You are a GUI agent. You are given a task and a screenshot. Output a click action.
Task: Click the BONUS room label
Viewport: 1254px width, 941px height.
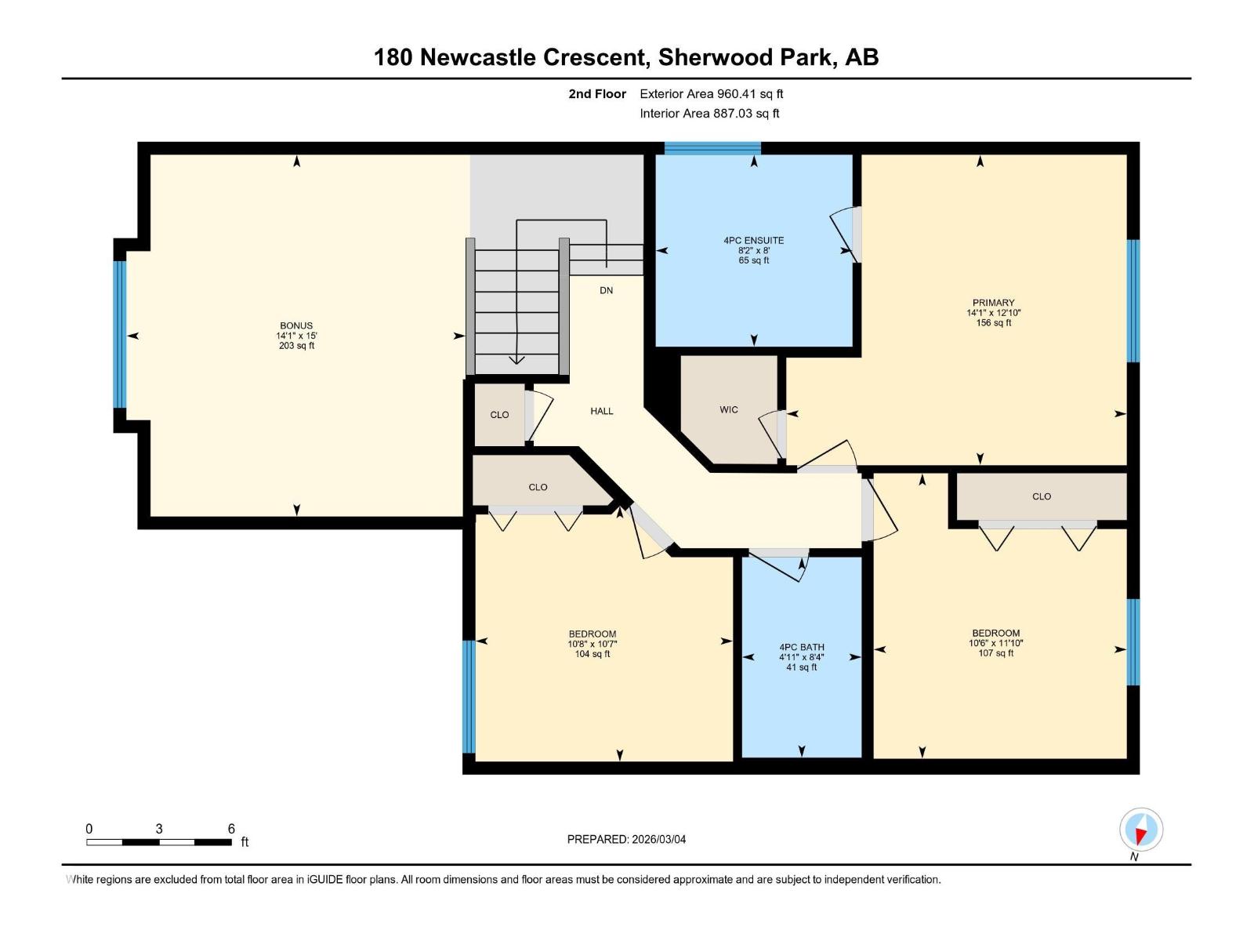296,326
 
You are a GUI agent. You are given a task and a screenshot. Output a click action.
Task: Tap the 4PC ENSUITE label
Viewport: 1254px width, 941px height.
753,241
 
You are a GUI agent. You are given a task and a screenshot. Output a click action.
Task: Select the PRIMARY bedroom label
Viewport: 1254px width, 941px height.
993,303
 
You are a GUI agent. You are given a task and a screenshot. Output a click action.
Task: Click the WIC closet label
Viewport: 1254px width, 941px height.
729,410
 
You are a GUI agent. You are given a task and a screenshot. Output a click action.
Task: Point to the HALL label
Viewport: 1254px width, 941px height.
602,411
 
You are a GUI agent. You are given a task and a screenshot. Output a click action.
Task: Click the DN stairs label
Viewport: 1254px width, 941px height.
606,290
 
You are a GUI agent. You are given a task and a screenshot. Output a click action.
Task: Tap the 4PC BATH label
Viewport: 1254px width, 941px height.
801,648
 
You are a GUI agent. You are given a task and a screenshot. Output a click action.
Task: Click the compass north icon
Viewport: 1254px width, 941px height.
1141,830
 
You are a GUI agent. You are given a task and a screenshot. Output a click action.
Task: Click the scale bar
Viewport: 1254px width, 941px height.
159,842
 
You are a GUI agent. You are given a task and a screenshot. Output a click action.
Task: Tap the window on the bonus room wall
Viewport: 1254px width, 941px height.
120,335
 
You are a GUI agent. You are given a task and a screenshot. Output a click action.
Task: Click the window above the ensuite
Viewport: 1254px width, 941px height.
712,147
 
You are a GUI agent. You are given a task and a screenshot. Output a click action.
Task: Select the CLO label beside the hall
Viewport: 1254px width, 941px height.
499,415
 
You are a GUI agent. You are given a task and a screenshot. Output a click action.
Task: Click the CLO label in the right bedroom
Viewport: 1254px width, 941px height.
1041,496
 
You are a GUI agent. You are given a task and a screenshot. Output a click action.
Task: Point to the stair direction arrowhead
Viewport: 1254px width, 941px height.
516,360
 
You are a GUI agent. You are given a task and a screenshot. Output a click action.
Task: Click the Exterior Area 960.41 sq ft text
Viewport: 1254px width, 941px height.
711,94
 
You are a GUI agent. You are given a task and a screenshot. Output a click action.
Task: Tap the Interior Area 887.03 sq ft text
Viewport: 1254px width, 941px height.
709,114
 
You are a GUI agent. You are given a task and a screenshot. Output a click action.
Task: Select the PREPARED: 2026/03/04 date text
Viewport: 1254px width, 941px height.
626,839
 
